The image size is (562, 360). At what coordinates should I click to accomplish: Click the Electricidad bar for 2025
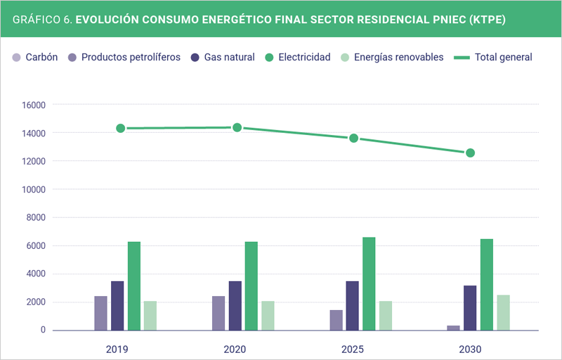tap(369, 284)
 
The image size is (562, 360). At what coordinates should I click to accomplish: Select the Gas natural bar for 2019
tap(117, 306)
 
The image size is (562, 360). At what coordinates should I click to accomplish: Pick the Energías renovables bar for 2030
tap(503, 313)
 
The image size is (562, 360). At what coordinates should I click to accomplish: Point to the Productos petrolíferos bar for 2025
tap(336, 320)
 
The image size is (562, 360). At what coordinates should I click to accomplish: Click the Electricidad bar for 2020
tap(251, 286)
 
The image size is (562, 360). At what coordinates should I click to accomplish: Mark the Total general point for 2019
tap(120, 128)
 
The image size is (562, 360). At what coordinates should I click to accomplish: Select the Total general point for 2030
tap(470, 153)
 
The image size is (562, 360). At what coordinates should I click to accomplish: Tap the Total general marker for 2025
tap(353, 138)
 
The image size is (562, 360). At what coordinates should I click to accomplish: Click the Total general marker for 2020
tap(237, 127)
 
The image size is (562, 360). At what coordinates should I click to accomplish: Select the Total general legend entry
tap(503, 57)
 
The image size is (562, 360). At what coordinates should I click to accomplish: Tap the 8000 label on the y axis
tap(34, 217)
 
